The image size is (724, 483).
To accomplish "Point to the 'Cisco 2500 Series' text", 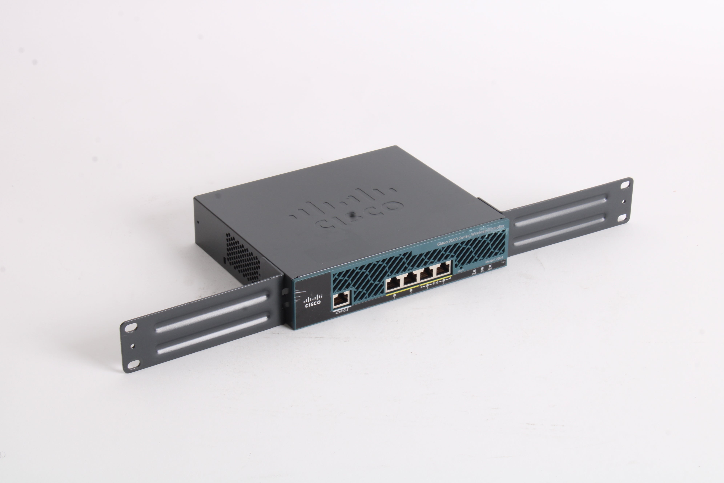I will click(x=452, y=240).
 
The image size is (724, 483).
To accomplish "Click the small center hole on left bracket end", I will click(x=132, y=346).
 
